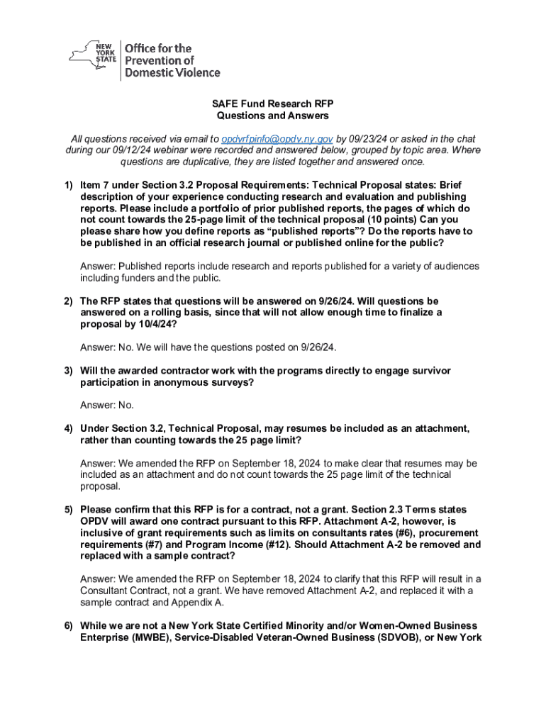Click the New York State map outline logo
[x=93, y=55]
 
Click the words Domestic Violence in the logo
[x=172, y=72]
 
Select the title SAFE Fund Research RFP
[x=272, y=104]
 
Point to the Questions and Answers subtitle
[x=272, y=116]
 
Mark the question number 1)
[x=68, y=185]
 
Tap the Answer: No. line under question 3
[x=107, y=406]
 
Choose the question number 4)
[x=68, y=428]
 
